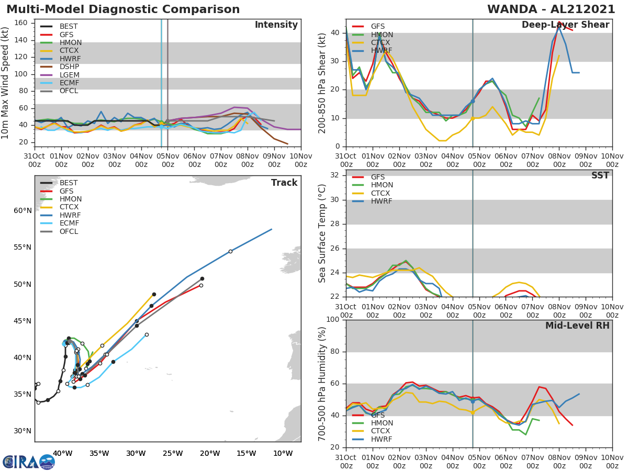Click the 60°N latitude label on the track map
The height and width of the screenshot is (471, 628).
click(23, 211)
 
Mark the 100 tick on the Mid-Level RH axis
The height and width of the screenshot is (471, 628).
click(333, 320)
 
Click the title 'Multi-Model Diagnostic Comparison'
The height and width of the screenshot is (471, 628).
click(123, 9)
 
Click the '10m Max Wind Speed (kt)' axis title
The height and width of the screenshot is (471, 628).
click(6, 83)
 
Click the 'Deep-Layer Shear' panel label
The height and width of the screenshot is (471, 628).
click(565, 25)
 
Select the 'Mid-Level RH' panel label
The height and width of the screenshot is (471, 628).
click(577, 326)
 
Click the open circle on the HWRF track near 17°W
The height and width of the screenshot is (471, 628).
click(230, 251)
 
